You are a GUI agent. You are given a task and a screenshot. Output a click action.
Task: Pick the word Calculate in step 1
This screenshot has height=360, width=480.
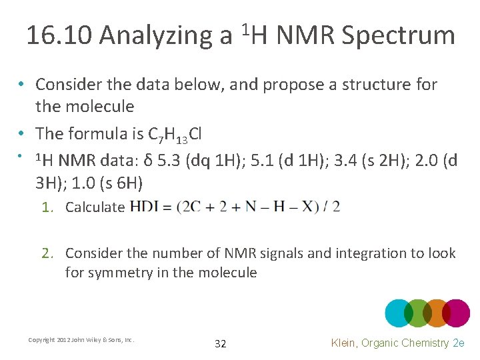pyautogui.click(x=95, y=207)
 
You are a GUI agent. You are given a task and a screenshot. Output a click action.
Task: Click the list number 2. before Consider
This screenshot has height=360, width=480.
pyautogui.click(x=47, y=253)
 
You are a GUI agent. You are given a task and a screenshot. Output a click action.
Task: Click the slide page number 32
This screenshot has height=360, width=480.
pyautogui.click(x=221, y=344)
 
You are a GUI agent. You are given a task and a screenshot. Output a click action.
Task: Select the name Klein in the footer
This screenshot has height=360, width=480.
pyautogui.click(x=346, y=343)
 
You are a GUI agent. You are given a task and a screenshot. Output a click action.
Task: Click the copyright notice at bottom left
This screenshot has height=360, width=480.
pyautogui.click(x=81, y=340)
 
